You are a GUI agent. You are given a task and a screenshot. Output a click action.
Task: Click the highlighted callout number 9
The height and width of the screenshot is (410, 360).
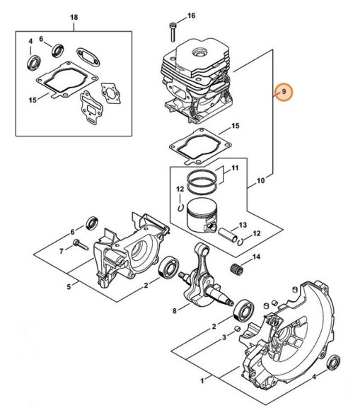[284, 92]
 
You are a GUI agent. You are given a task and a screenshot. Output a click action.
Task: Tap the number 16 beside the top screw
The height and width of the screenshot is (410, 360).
[191, 16]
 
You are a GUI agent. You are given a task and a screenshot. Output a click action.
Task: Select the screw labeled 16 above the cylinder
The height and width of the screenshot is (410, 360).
[173, 32]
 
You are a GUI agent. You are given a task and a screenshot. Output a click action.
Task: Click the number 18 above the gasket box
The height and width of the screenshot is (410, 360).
[74, 18]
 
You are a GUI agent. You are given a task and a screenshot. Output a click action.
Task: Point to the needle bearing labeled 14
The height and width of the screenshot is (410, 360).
[237, 268]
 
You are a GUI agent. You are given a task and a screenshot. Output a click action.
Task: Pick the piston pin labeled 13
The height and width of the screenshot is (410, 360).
[228, 234]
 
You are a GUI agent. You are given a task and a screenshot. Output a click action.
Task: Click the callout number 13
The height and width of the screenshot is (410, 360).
[243, 225]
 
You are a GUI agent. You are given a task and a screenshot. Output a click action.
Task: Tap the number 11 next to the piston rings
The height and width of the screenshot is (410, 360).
[235, 168]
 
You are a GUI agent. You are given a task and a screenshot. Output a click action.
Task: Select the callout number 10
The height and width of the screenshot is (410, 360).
[260, 180]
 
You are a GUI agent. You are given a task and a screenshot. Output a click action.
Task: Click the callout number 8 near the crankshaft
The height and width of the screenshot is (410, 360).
[175, 310]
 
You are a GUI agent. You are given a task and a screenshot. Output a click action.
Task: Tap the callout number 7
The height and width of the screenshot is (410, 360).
[62, 251]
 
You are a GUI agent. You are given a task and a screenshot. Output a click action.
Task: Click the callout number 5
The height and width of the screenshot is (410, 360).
[69, 287]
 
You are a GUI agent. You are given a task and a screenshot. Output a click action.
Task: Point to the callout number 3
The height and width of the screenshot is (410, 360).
[224, 338]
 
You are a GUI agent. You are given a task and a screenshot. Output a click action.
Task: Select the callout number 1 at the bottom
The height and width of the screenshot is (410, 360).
[202, 381]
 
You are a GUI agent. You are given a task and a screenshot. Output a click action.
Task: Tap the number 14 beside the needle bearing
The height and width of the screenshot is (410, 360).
[256, 257]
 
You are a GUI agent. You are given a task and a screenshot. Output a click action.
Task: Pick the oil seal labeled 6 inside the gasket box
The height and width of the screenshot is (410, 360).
[58, 51]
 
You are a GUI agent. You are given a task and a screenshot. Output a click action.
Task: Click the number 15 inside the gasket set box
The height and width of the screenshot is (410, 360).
[33, 100]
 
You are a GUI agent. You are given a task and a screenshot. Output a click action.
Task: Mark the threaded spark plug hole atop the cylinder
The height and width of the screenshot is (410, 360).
[199, 52]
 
